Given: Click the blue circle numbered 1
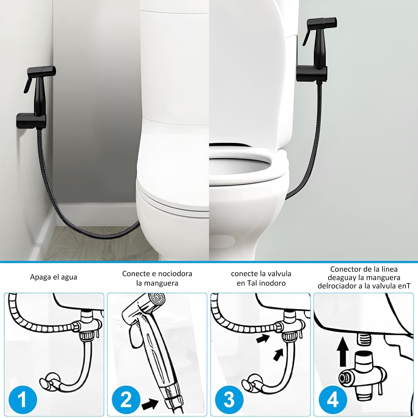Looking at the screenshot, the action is pyautogui.click(x=23, y=398).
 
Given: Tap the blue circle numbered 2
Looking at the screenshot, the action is pyautogui.click(x=126, y=398).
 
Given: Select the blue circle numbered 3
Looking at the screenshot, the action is pyautogui.click(x=229, y=398).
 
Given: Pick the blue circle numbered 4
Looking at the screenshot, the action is pyautogui.click(x=333, y=398).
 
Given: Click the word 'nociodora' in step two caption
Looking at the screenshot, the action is pyautogui.click(x=174, y=273).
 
